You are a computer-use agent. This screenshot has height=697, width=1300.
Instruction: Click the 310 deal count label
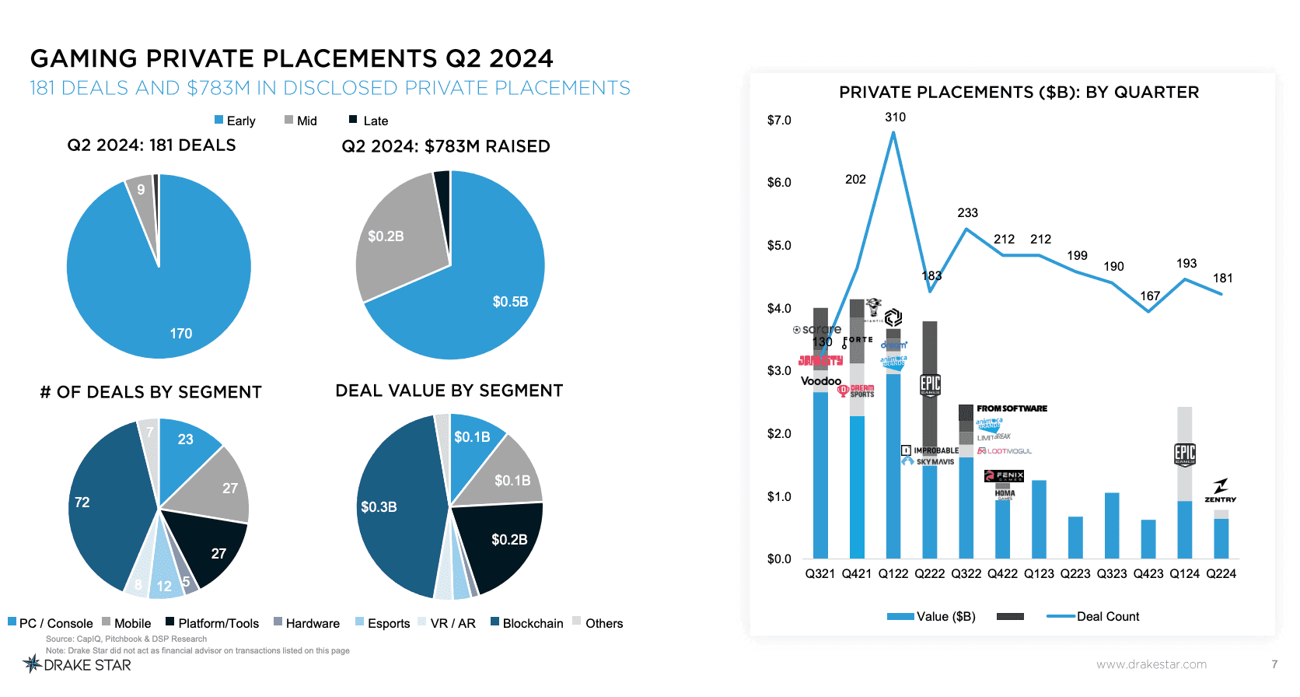pyautogui.click(x=895, y=117)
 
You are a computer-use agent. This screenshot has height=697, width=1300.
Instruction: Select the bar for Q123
pyautogui.click(x=1039, y=519)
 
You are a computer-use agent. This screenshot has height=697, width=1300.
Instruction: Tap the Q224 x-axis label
pyautogui.click(x=1221, y=574)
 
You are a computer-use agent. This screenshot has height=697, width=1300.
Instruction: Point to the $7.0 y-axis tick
pyautogui.click(x=779, y=121)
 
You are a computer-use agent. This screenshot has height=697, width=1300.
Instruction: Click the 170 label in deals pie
pyautogui.click(x=180, y=334)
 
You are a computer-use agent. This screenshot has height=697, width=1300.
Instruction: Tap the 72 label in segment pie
pyautogui.click(x=82, y=503)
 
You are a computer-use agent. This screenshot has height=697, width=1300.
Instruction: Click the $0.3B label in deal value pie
pyautogui.click(x=379, y=507)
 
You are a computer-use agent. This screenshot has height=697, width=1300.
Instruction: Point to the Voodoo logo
pyautogui.click(x=821, y=381)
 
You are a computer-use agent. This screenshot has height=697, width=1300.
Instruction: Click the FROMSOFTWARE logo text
pyautogui.click(x=1012, y=408)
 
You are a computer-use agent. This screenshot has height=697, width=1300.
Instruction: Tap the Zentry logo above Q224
pyautogui.click(x=1220, y=491)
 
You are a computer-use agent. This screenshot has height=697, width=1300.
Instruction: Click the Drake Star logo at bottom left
pyautogui.click(x=77, y=665)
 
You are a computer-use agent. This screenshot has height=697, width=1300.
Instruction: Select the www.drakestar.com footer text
pyautogui.click(x=1151, y=664)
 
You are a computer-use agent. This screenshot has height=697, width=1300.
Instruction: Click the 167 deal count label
pyautogui.click(x=1150, y=296)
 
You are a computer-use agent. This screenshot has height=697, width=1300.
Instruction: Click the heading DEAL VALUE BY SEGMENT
pyautogui.click(x=449, y=391)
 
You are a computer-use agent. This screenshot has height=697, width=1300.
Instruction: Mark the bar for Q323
pyautogui.click(x=1112, y=525)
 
